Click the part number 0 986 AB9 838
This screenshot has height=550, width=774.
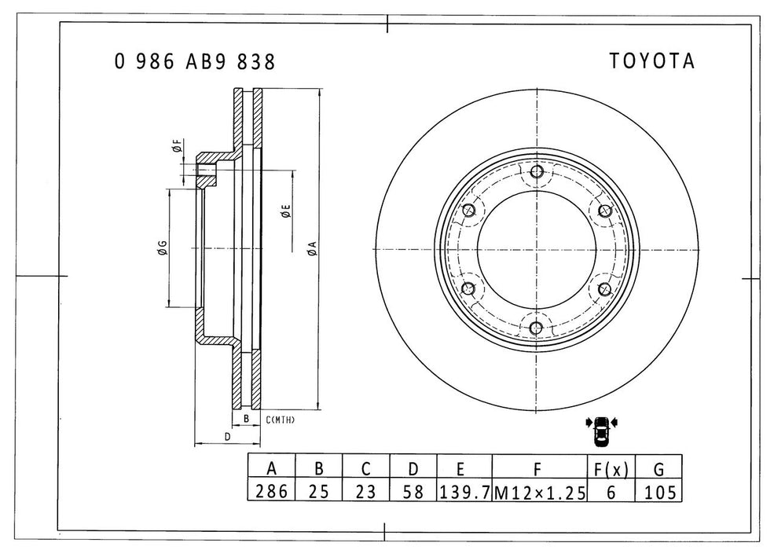[x=195, y=62]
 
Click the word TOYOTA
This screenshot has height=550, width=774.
[x=651, y=62]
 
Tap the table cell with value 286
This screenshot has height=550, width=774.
[x=271, y=492]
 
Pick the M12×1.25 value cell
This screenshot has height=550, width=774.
[x=539, y=492]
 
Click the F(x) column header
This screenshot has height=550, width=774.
[x=611, y=470]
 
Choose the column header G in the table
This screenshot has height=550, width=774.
[x=658, y=470]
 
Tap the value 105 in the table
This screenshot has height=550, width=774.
[x=658, y=492]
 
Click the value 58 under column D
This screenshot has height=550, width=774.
[x=413, y=492]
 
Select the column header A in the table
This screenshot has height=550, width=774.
[x=271, y=470]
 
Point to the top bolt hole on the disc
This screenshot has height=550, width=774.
[x=537, y=172]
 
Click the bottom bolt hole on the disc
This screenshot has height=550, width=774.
[x=537, y=328]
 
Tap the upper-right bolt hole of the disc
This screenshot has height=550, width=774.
[x=604, y=211]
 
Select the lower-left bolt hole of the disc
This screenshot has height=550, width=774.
[x=469, y=288]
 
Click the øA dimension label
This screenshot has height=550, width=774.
[x=312, y=249]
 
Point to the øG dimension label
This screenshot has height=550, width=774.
[x=161, y=249]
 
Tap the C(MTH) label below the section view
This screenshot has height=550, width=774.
[x=280, y=420]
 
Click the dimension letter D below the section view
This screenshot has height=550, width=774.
[x=226, y=436]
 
